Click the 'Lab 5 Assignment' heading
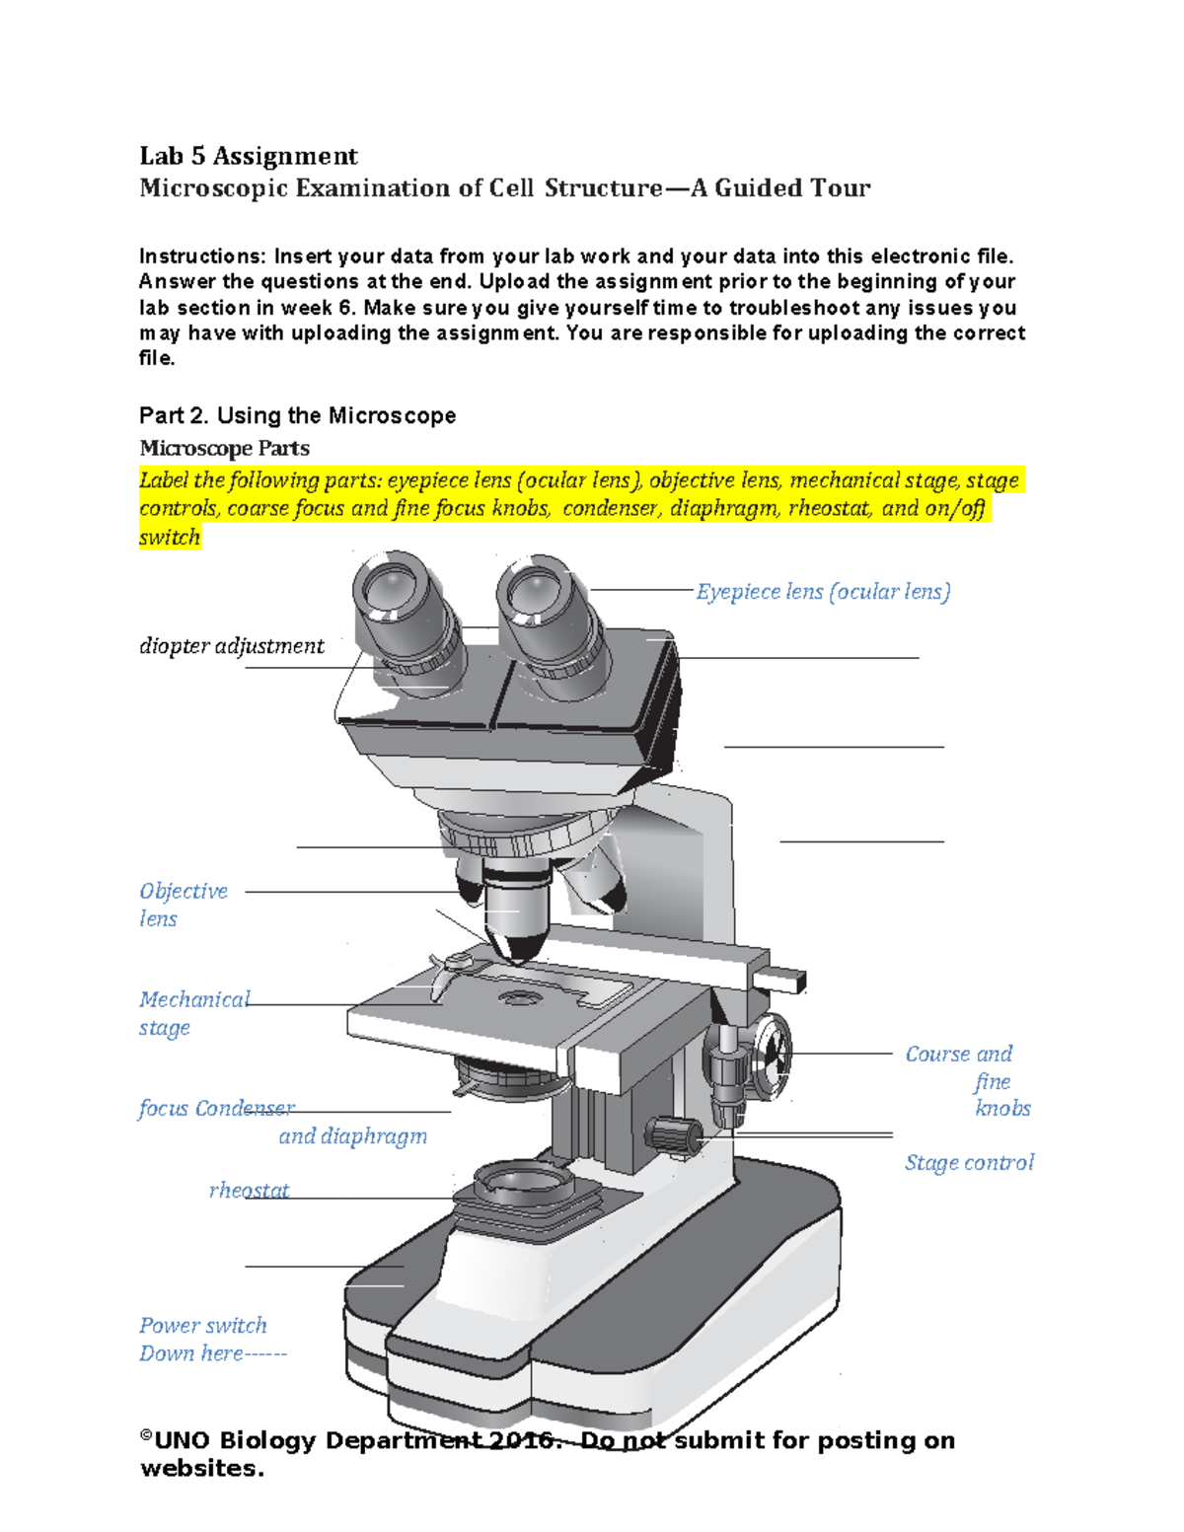[249, 156]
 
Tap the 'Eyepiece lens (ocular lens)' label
[823, 592]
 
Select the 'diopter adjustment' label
[232, 646]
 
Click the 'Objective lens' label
[183, 904]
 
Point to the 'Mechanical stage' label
[193, 1013]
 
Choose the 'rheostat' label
[249, 1191]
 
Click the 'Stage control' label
[969, 1163]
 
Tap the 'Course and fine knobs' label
[967, 1081]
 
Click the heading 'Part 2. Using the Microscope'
[297, 415]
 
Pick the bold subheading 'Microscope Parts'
[224, 448]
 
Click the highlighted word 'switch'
[170, 538]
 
